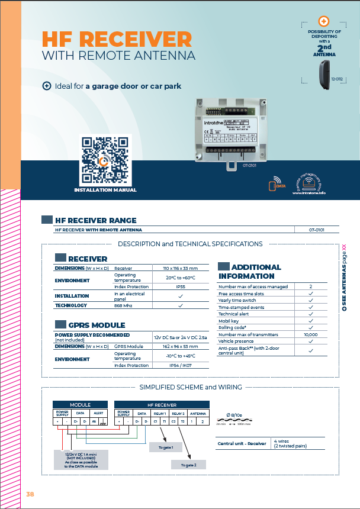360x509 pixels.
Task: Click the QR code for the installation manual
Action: pyautogui.click(x=105, y=160)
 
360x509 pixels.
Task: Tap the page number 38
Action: pyautogui.click(x=31, y=494)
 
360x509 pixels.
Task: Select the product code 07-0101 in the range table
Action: pyautogui.click(x=317, y=229)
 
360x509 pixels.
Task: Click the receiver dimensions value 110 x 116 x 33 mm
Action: pyautogui.click(x=181, y=268)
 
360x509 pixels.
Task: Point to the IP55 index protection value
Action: pyautogui.click(x=181, y=286)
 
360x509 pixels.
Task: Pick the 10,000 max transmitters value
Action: pyautogui.click(x=310, y=334)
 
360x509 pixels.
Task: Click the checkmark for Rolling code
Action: pyautogui.click(x=310, y=327)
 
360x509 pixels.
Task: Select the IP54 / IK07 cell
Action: pyautogui.click(x=181, y=365)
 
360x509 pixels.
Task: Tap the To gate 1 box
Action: pyautogui.click(x=165, y=447)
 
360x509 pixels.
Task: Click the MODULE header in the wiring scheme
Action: pyautogui.click(x=80, y=404)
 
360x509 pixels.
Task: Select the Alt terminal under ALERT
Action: pyautogui.click(x=95, y=421)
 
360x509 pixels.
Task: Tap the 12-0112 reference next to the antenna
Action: pyautogui.click(x=336, y=78)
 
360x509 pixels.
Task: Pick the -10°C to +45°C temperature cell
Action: pyautogui.click(x=181, y=356)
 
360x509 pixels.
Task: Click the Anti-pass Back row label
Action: pyautogui.click(x=249, y=350)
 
